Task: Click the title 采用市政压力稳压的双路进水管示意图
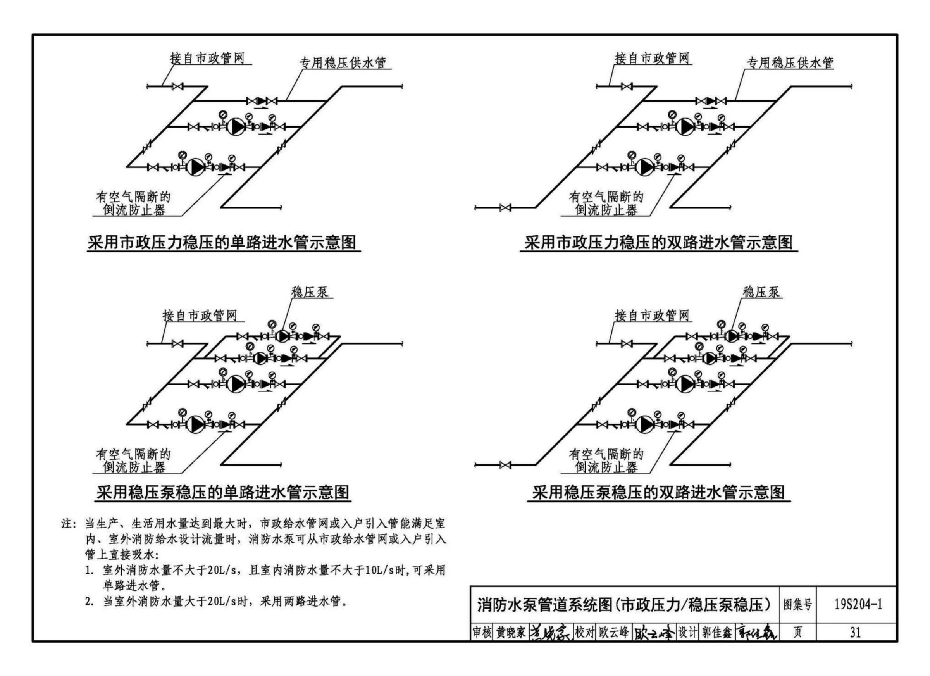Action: [658, 242]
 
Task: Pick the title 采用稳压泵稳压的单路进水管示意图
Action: [223, 492]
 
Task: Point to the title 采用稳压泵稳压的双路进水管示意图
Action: [658, 492]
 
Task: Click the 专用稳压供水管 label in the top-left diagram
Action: [343, 63]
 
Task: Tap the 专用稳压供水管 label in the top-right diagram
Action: [790, 63]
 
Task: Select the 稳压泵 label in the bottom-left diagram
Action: [310, 291]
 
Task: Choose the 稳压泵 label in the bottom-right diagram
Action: [761, 291]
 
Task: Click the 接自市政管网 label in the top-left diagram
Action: [207, 58]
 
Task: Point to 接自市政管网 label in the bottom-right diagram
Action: [652, 316]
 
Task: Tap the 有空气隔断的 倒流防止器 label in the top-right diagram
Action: [606, 203]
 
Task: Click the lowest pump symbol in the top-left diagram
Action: [195, 167]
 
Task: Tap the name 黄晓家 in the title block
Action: [510, 633]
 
